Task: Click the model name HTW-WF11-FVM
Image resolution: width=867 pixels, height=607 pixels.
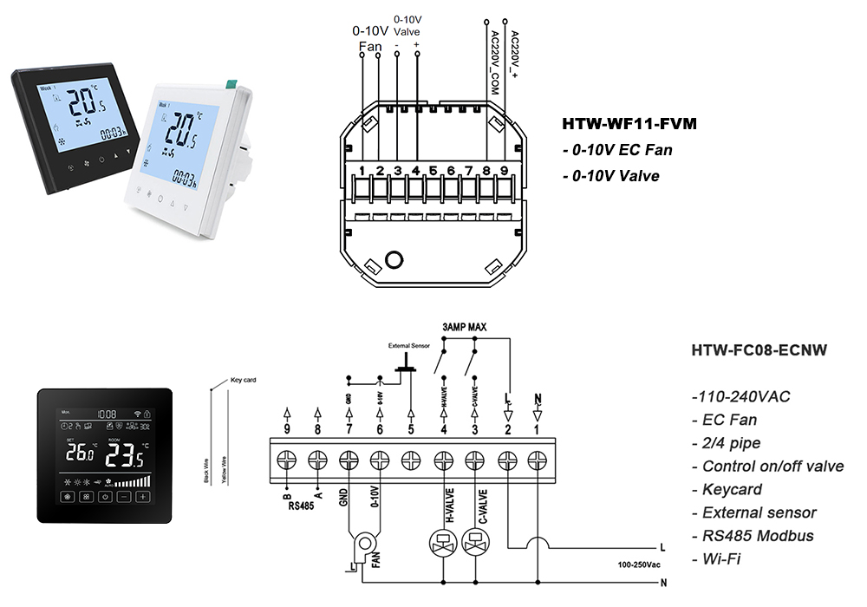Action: pos(629,124)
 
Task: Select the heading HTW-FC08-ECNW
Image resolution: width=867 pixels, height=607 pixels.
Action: pos(759,350)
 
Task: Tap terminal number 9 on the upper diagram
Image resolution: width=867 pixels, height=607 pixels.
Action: pos(504,170)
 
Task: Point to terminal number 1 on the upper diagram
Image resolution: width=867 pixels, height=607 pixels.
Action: pos(362,170)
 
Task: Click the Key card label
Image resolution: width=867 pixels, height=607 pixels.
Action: pos(243,380)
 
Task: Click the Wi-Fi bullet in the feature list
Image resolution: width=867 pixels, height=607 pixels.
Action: pos(719,558)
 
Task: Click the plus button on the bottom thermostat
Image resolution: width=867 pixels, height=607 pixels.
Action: pos(142,497)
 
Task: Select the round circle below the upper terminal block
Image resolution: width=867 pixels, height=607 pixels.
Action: pos(394,259)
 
